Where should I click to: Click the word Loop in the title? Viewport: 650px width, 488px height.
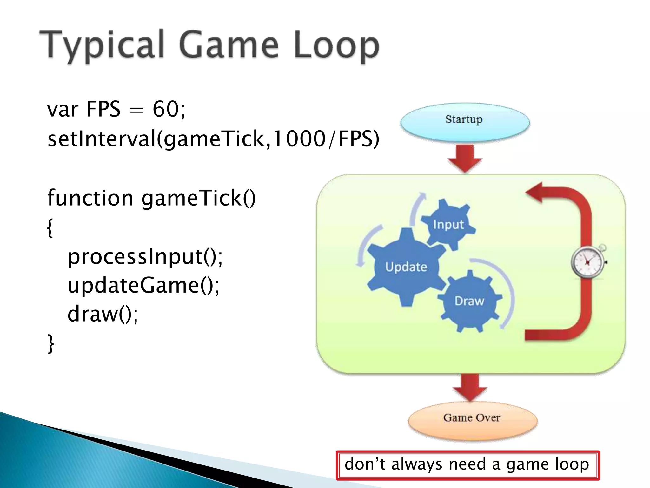[x=336, y=46]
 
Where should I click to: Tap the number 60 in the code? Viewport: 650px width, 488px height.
[x=165, y=109]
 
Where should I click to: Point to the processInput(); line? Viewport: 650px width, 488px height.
[x=145, y=257]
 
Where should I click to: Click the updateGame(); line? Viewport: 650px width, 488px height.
[x=143, y=285]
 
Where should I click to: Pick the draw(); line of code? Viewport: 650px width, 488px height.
[x=103, y=314]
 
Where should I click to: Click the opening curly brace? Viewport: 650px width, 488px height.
[x=50, y=227]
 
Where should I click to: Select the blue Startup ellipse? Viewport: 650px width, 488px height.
[x=465, y=122]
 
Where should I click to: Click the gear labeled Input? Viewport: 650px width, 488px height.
[x=448, y=224]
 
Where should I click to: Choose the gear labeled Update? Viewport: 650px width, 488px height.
[x=406, y=267]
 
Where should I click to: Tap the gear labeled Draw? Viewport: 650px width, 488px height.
[x=469, y=301]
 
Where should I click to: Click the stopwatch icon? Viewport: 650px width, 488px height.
[x=588, y=262]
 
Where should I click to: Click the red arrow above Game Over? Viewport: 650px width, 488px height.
[x=470, y=386]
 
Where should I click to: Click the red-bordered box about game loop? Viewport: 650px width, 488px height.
[x=468, y=465]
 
